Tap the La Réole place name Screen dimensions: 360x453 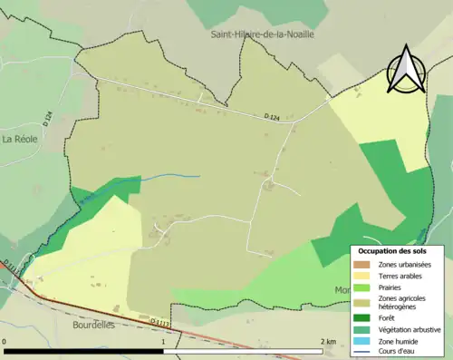[19, 139]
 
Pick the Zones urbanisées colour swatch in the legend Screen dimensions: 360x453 [360, 263]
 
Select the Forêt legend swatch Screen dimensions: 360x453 [360, 317]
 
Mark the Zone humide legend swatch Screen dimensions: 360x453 [360, 341]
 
